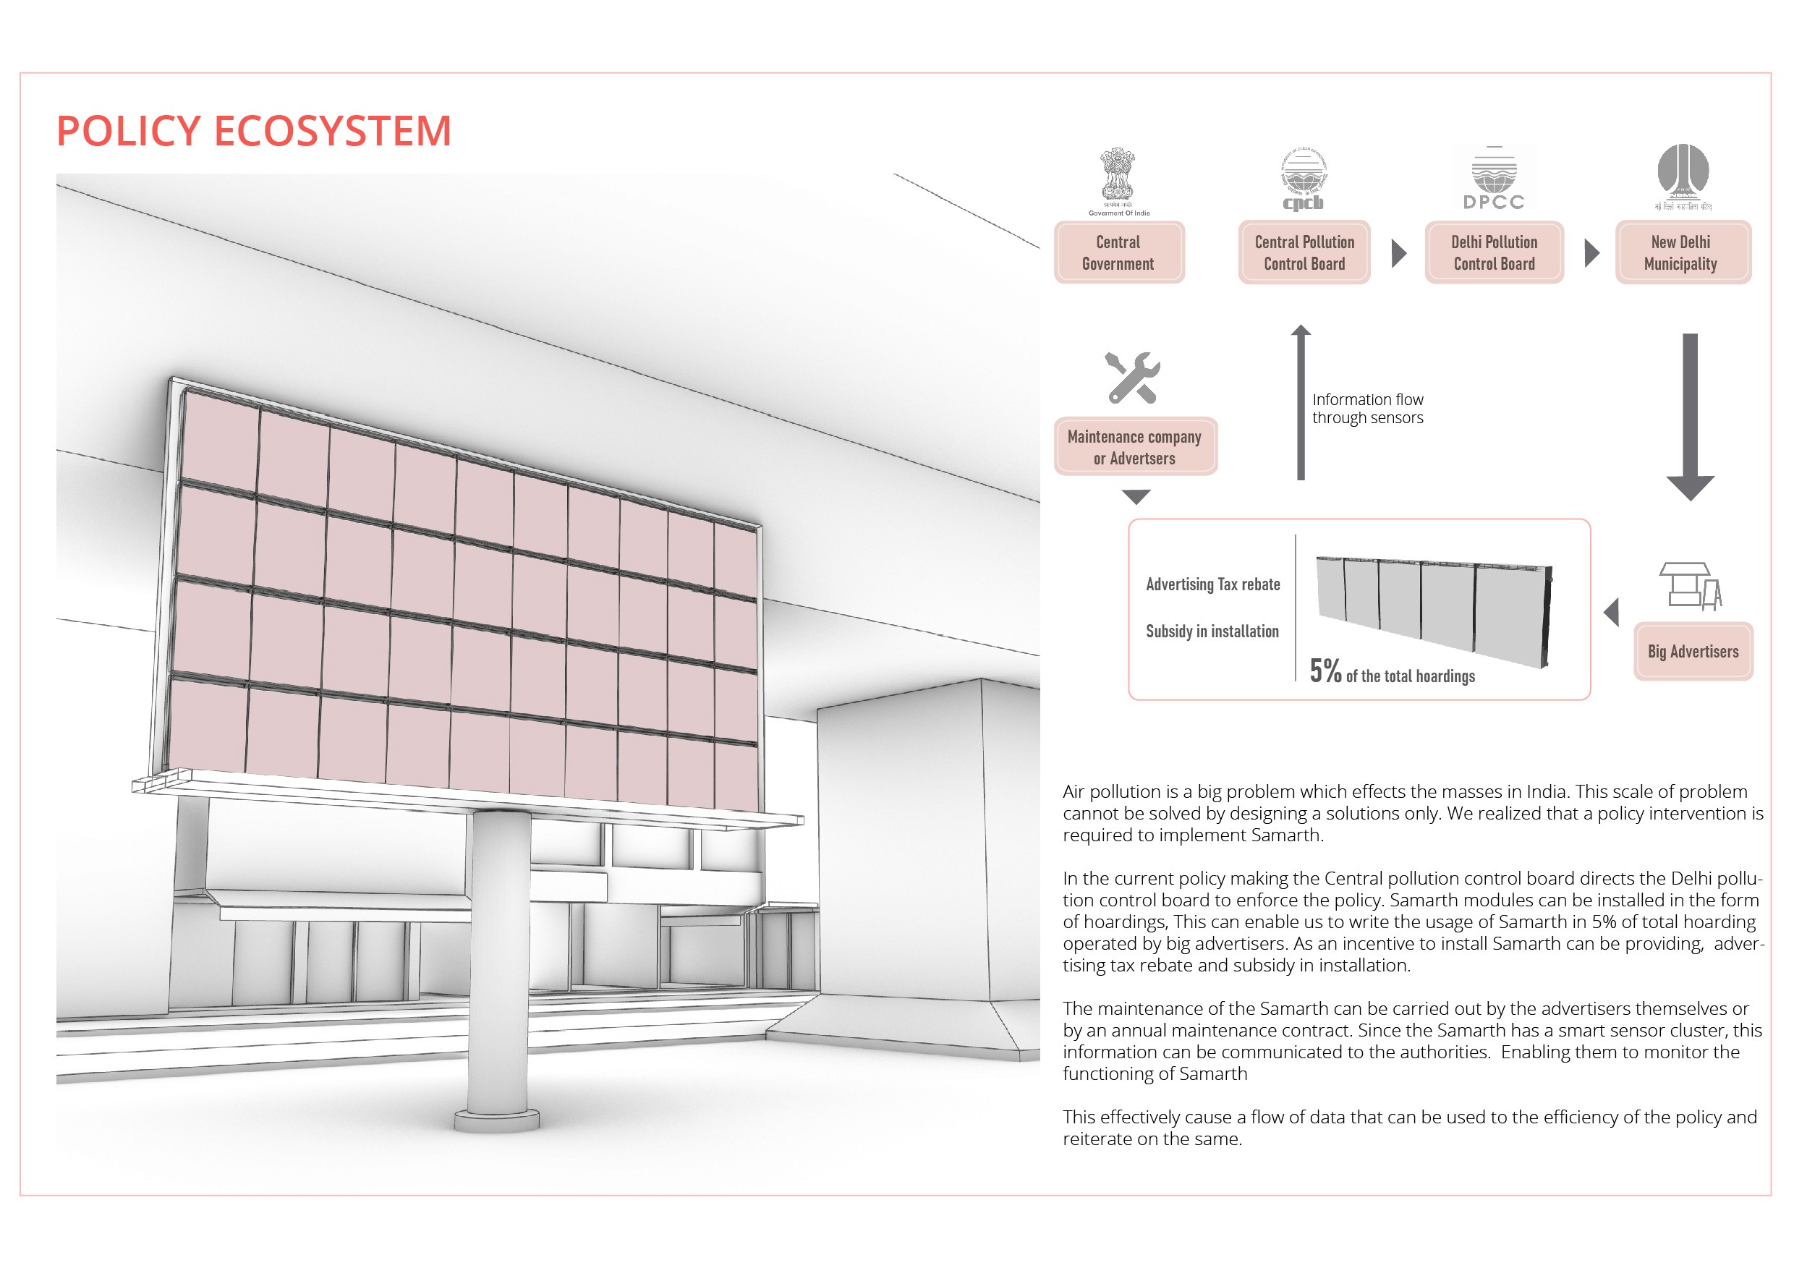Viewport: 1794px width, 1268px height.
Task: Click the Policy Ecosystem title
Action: tap(253, 130)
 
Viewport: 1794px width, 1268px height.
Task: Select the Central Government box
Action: tap(1118, 252)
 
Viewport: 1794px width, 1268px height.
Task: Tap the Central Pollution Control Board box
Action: tap(1304, 252)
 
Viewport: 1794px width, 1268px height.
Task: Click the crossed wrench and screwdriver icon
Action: tap(1131, 378)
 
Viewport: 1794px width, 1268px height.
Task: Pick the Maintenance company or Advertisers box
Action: tap(1134, 447)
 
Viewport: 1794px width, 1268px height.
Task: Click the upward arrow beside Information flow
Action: tap(1301, 402)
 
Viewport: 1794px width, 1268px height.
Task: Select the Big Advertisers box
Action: tap(1693, 652)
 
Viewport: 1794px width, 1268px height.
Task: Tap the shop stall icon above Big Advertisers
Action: tap(1689, 586)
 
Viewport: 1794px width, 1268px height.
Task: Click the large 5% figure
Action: tap(1325, 671)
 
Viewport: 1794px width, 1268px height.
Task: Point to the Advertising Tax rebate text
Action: tap(1212, 584)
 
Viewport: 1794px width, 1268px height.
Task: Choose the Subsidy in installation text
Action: tap(1212, 631)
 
